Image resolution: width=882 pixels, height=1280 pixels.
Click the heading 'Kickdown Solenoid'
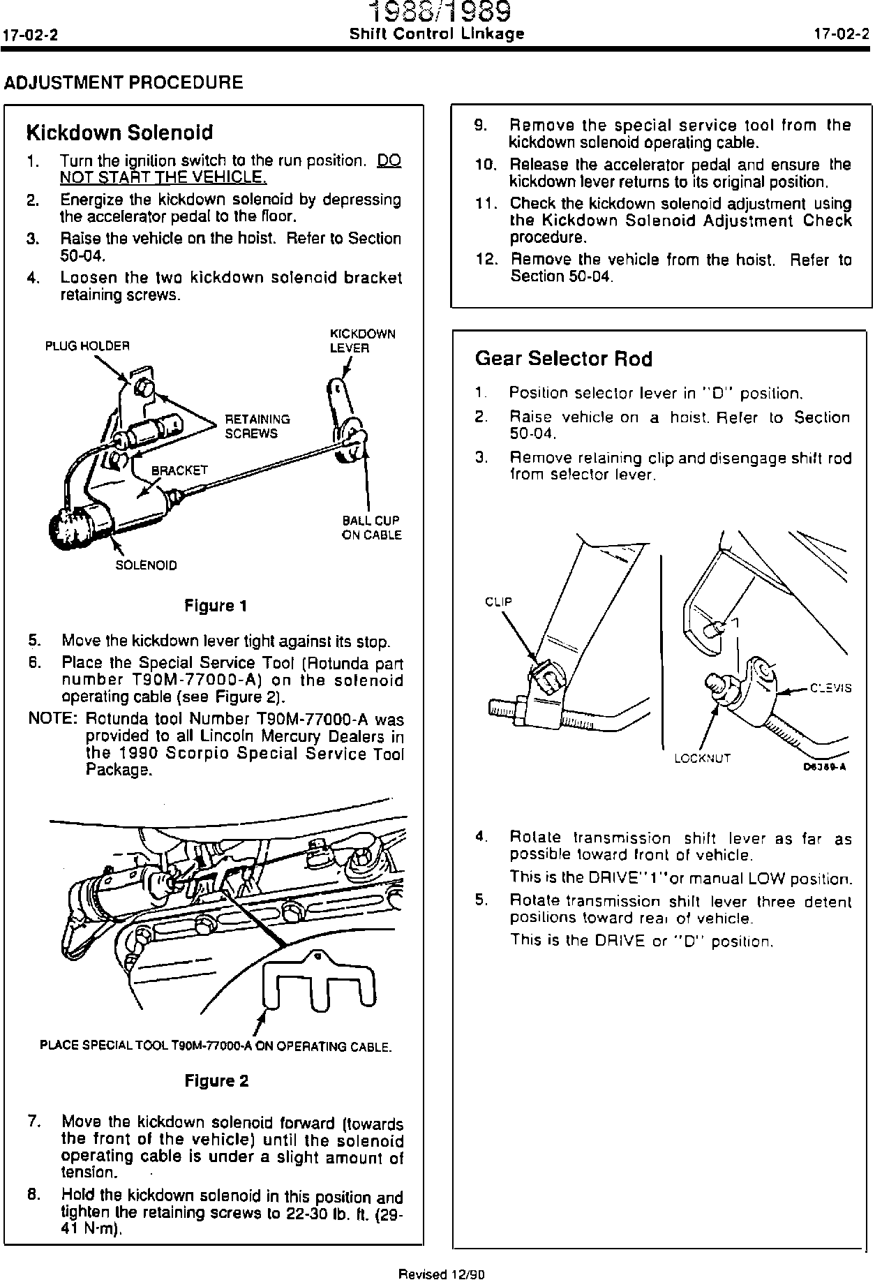tap(119, 133)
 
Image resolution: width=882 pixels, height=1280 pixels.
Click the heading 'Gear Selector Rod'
tap(563, 359)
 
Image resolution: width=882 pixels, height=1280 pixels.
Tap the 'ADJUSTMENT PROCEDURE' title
tap(124, 82)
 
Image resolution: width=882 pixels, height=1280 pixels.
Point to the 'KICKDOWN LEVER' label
tap(362, 341)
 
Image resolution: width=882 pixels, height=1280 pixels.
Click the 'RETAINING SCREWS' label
tap(257, 426)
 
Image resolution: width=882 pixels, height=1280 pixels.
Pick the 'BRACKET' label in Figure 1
tap(180, 470)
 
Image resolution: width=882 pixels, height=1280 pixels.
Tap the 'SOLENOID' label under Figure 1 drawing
tap(146, 565)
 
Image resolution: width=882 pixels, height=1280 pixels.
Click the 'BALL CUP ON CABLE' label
tap(371, 528)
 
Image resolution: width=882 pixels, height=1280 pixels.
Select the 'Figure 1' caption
tap(216, 606)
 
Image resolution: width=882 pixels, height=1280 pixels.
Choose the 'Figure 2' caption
tap(216, 1081)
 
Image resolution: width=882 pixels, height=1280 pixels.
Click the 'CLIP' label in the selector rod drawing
tap(498, 602)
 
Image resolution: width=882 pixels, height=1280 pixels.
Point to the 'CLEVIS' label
tap(830, 687)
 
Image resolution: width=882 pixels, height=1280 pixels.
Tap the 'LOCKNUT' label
tap(702, 758)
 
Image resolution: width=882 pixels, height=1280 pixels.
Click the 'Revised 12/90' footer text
tap(441, 1273)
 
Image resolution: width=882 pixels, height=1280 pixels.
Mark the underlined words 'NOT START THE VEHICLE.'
tap(162, 177)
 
